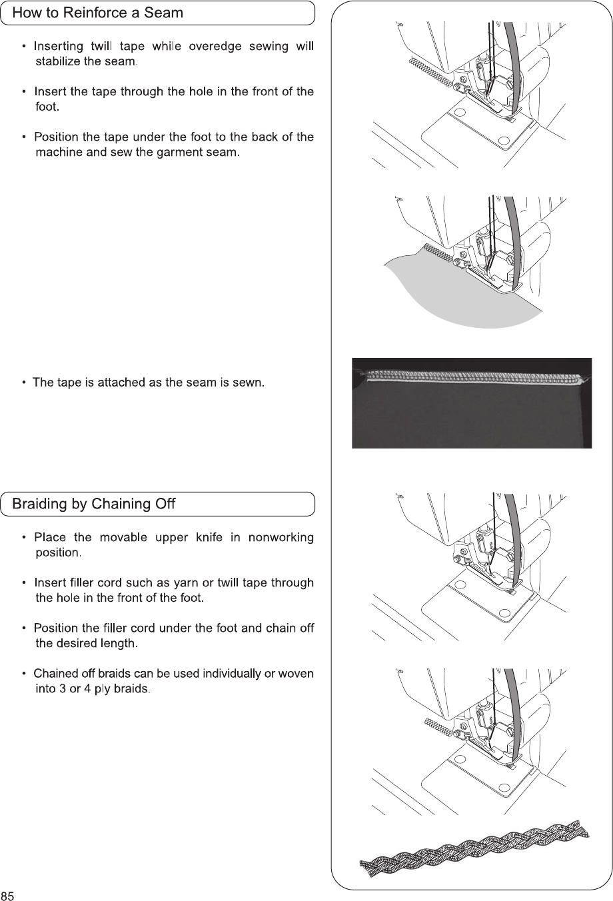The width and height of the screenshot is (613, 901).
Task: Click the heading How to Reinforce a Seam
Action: click(x=98, y=13)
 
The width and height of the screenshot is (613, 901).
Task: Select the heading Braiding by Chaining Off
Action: click(x=94, y=504)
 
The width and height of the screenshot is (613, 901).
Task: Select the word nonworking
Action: click(x=281, y=537)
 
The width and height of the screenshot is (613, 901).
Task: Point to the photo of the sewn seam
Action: click(x=471, y=403)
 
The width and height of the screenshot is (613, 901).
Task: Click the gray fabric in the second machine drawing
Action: click(x=466, y=293)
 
